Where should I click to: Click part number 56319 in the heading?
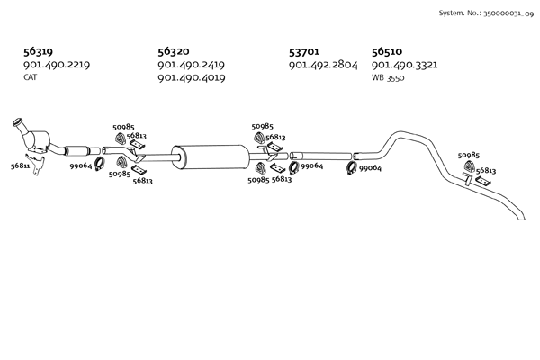(x=38, y=52)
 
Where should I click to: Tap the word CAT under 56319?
(x=31, y=77)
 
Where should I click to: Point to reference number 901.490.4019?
(x=191, y=78)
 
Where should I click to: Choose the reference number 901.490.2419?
(x=191, y=65)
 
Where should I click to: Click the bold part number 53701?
(x=304, y=52)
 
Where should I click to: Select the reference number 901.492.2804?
(x=323, y=65)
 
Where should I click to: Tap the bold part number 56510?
(x=387, y=52)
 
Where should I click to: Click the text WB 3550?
(x=388, y=77)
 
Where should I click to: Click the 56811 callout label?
(x=21, y=166)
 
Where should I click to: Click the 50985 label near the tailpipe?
(x=469, y=156)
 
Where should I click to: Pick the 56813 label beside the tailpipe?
(x=486, y=170)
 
